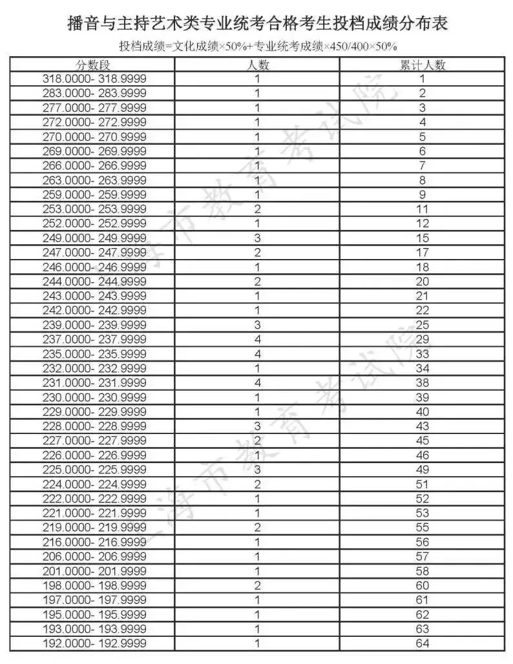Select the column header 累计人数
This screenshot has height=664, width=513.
click(423, 65)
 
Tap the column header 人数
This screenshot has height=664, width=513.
click(258, 65)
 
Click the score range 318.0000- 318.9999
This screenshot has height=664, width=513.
click(94, 79)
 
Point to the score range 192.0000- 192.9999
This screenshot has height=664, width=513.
click(94, 644)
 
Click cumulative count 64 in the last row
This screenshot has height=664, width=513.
click(423, 644)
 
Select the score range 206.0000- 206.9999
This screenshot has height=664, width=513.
click(94, 557)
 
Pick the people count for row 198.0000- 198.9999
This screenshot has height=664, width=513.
click(258, 586)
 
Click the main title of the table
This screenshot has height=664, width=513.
click(257, 24)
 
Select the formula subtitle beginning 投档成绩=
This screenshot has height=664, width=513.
click(257, 47)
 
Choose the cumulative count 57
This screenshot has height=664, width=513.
click(423, 557)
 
